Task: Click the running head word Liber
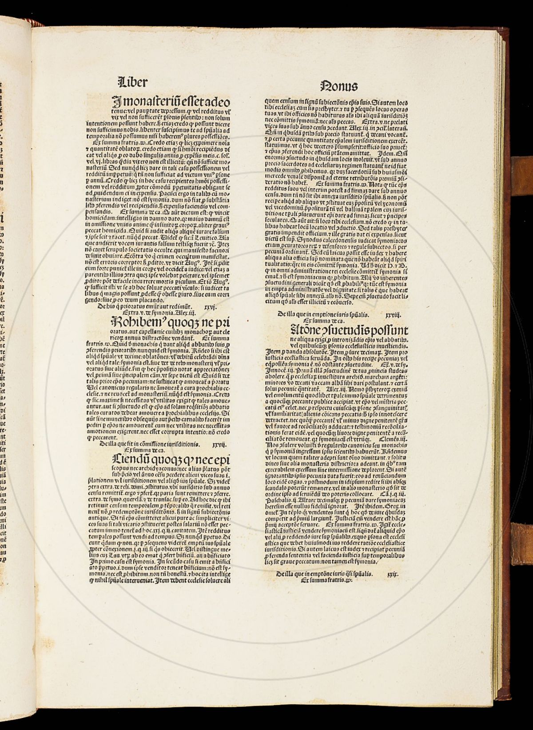[132, 82]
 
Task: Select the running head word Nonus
[338, 85]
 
